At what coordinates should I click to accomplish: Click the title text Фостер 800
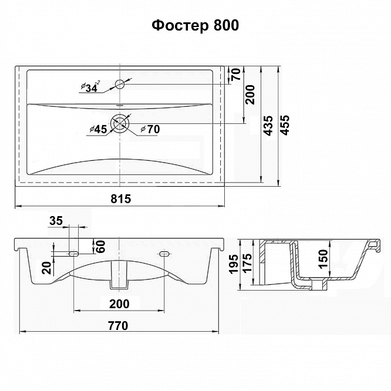[x=195, y=25]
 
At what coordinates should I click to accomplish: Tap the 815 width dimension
[x=121, y=199]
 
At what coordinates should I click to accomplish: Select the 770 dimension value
[x=118, y=325]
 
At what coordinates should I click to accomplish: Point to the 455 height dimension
[x=285, y=125]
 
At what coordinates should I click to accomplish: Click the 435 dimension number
[x=269, y=126]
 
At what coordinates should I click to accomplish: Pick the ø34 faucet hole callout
[x=90, y=86]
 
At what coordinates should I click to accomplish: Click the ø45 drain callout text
[x=98, y=129]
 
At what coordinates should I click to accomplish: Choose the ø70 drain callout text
[x=150, y=129]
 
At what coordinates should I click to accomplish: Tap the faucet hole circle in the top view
[x=120, y=85]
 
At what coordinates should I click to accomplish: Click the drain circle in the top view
[x=120, y=124]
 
